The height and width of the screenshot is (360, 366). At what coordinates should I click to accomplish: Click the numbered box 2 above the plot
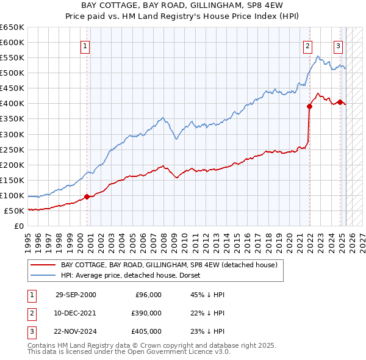tap(308, 45)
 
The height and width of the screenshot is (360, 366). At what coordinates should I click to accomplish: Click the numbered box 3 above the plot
tap(338, 45)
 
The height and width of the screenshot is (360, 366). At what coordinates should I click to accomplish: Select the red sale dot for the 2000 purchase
tap(87, 196)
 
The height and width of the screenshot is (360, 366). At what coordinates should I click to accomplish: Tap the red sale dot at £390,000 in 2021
tap(310, 106)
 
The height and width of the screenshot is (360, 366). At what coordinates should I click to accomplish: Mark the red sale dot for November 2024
tap(340, 101)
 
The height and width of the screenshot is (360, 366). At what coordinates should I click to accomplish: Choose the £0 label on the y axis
tap(18, 226)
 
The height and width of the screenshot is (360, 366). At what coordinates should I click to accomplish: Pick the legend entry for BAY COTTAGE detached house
tap(169, 265)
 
